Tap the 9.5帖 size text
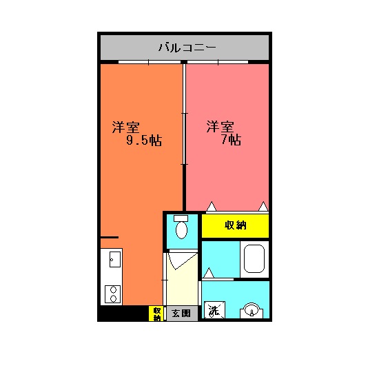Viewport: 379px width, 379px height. (x=143, y=141)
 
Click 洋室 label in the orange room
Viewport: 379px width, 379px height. (x=126, y=127)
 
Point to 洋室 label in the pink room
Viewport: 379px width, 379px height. (x=221, y=127)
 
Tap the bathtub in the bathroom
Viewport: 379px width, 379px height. (x=255, y=259)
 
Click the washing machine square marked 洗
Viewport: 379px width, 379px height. (x=214, y=310)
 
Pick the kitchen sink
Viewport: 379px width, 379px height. (x=112, y=261)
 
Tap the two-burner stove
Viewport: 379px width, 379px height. (x=112, y=294)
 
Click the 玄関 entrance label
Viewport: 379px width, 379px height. (x=181, y=314)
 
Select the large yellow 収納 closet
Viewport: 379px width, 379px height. (x=235, y=225)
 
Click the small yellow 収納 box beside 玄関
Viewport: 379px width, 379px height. (x=157, y=314)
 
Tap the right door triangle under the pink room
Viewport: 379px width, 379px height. (x=263, y=206)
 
